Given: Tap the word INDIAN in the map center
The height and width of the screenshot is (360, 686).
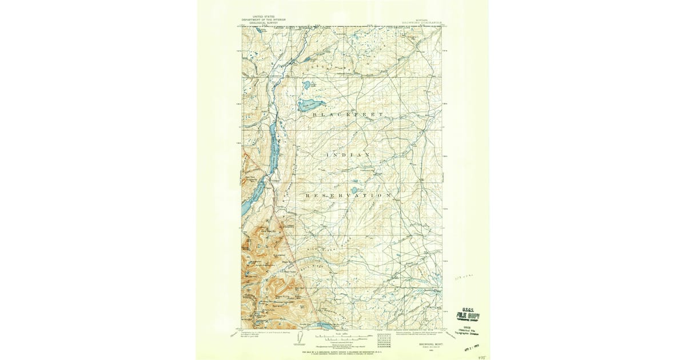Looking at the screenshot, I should (x=348, y=155).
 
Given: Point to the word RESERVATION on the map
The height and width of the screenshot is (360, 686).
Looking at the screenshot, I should (x=349, y=195).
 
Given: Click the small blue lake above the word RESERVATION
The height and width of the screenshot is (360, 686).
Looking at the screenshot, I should (x=354, y=190).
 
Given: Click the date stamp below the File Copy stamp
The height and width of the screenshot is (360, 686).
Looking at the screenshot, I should (x=471, y=346).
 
